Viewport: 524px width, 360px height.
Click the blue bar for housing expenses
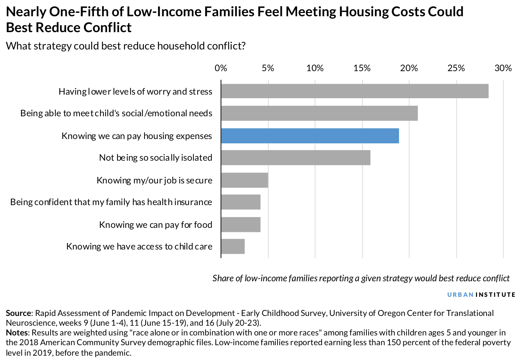point(310,136)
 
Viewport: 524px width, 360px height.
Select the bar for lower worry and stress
point(355,91)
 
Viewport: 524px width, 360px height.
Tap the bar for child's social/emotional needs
point(319,113)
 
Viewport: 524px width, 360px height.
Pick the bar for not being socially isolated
point(296,158)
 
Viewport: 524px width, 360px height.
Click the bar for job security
point(244,180)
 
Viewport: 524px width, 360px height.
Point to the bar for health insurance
point(241,202)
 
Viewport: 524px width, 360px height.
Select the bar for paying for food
point(241,225)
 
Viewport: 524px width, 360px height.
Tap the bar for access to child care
point(233,247)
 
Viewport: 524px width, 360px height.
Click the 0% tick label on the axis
point(220,68)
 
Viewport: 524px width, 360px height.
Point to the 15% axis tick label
point(362,68)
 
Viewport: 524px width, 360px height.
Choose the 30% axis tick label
point(503,68)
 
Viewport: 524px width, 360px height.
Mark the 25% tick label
point(456,68)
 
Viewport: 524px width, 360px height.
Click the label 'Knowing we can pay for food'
point(155,225)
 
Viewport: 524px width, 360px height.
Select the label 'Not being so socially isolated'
point(155,158)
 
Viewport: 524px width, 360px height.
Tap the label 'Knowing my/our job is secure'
point(154,180)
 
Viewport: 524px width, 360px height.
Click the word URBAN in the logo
point(460,295)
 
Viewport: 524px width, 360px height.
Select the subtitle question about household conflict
point(126,46)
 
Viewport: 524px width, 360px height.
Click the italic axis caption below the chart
point(361,278)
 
